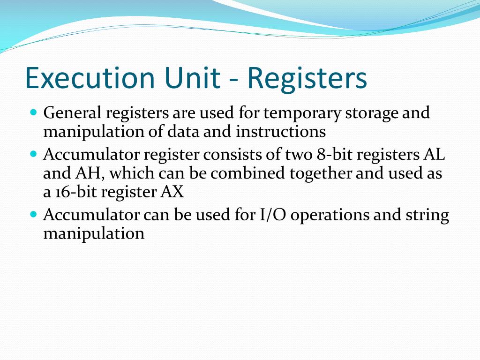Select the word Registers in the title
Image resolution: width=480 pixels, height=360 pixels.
point(307,78)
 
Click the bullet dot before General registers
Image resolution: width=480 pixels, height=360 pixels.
point(33,112)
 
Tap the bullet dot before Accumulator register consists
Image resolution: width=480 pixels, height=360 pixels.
point(33,154)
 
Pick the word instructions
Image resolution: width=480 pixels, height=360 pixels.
point(281,132)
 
